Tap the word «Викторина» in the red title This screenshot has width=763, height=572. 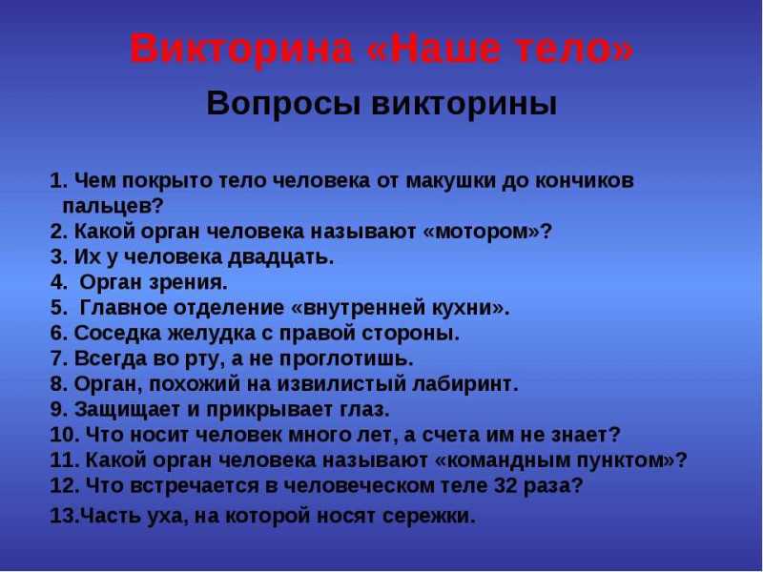coord(241,48)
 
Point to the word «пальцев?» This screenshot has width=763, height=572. coord(113,207)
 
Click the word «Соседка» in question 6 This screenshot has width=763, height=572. coord(117,334)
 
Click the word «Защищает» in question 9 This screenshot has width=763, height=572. coord(128,410)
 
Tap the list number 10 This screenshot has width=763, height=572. coord(64,435)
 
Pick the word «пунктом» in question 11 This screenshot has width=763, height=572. coord(625,460)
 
